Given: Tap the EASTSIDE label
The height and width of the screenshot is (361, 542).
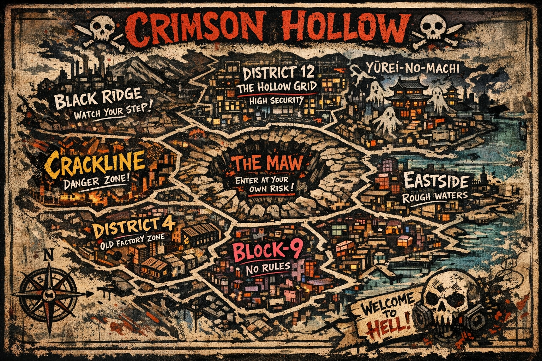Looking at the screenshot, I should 436,182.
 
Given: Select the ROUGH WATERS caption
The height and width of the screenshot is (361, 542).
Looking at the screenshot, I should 435,196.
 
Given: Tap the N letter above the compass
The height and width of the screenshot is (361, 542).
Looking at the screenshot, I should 48,254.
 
